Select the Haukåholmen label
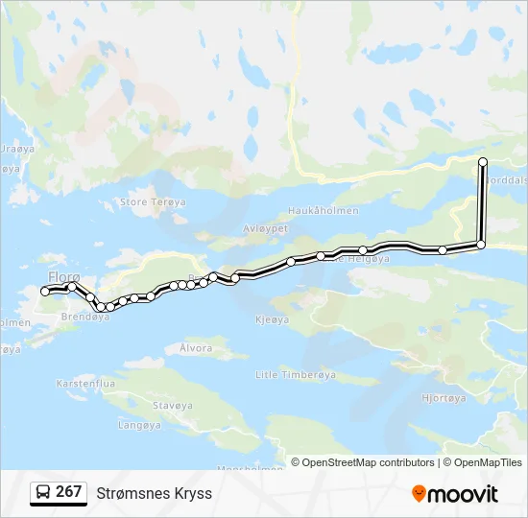(324, 211)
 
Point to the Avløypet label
(266, 229)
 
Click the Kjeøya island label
(273, 319)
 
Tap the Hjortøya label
(444, 397)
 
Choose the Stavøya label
(173, 406)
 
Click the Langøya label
(139, 424)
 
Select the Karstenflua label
(86, 383)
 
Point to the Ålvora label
(196, 348)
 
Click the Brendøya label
(84, 317)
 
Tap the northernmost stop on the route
(483, 161)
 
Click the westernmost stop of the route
(45, 291)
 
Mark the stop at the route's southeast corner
(481, 245)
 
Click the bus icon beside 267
(43, 492)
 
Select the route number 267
(69, 492)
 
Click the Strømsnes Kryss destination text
(154, 493)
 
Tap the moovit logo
(455, 494)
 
